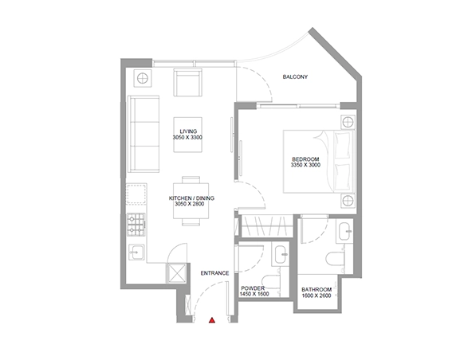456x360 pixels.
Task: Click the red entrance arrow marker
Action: [212, 320]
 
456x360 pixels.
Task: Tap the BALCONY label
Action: [295, 77]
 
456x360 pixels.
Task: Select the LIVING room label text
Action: [188, 131]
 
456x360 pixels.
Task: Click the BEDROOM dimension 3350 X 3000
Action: [305, 165]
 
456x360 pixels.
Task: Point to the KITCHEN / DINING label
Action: [191, 198]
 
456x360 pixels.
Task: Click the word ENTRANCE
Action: [214, 273]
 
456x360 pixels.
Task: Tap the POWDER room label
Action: [253, 288]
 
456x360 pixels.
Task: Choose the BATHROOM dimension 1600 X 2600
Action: [316, 295]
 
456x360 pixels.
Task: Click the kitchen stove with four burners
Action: [136, 225]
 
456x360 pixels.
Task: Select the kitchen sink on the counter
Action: [136, 252]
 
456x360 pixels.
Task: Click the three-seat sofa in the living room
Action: [143, 134]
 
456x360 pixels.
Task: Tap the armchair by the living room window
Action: [188, 82]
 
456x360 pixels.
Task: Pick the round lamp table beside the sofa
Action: [143, 78]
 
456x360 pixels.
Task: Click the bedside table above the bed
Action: [348, 123]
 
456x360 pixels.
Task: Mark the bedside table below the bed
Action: [348, 201]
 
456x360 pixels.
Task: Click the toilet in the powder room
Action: [270, 281]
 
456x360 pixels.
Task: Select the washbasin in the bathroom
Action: [344, 231]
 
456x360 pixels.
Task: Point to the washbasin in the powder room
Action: [281, 254]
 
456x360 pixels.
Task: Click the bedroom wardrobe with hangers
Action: [267, 226]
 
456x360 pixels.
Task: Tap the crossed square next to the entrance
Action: [176, 273]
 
